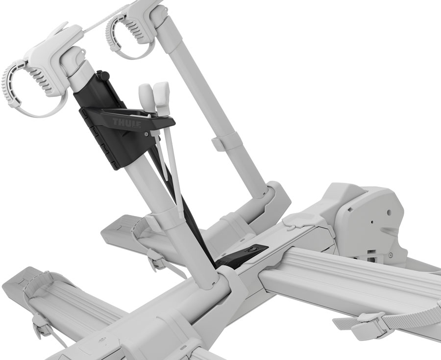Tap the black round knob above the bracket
pyautogui.click(x=103, y=76)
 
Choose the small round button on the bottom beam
pyautogui.click(x=100, y=339)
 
